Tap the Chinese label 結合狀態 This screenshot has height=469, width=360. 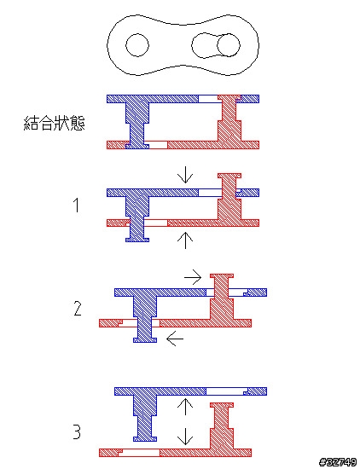[x=54, y=123]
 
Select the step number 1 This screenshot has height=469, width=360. [x=77, y=206]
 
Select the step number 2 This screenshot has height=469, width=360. [x=78, y=309]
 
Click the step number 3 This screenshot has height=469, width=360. [x=78, y=432]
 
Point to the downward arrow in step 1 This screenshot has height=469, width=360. [x=185, y=177]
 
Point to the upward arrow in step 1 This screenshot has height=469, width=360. [x=185, y=240]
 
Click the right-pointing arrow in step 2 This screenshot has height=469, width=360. [x=193, y=278]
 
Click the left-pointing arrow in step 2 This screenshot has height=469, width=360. [x=175, y=339]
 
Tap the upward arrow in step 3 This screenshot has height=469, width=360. [x=185, y=407]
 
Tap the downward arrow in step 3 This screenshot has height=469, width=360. [x=185, y=437]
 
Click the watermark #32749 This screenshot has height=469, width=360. [x=339, y=462]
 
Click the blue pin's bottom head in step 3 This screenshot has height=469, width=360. [x=145, y=439]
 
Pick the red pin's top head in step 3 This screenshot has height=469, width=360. [x=222, y=405]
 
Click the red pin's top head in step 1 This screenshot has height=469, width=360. [x=229, y=176]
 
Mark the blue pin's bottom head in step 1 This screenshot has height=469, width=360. [x=137, y=240]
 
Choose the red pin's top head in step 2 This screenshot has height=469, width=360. [x=222, y=275]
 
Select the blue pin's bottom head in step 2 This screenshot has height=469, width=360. [x=145, y=340]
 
